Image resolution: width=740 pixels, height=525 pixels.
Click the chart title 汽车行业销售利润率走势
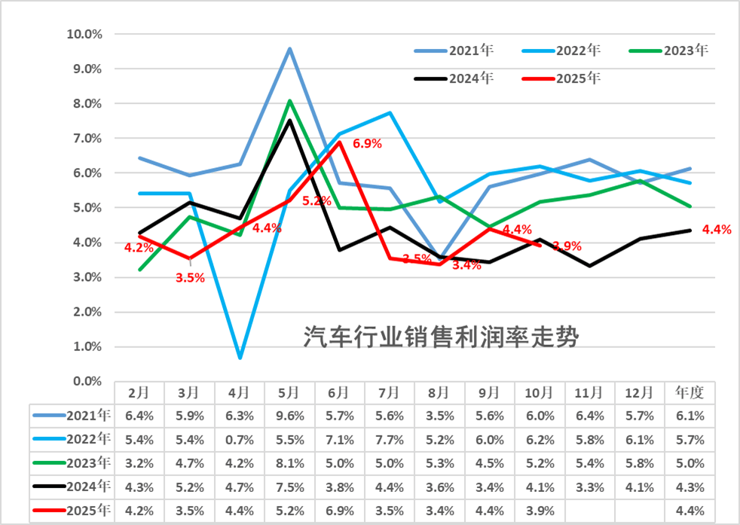pos(441,337)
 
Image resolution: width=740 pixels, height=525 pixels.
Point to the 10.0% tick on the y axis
pos(84,34)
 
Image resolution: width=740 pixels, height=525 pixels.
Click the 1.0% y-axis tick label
pos(87,346)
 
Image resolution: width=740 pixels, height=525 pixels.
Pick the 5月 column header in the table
pos(289,392)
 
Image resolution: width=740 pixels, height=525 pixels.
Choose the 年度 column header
pos(689,392)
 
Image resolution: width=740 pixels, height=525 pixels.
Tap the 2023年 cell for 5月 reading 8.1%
pos(289,462)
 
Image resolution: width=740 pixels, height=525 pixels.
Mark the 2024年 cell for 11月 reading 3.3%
pos(589,487)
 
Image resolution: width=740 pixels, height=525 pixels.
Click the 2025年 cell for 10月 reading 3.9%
pos(540,511)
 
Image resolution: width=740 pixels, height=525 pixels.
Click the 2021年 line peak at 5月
pos(290,49)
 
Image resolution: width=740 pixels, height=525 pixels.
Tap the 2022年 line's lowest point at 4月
pos(240,357)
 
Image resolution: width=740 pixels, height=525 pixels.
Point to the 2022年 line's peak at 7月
pos(390,113)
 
